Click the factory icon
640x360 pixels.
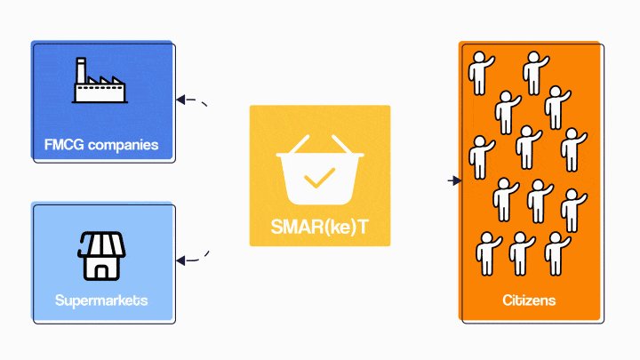pos(99,83)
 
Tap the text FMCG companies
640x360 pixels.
pos(101,144)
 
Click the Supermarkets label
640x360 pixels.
pos(101,300)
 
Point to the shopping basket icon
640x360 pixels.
pos(319,173)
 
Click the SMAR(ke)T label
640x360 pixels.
pos(319,229)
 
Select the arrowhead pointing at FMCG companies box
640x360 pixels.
pos(180,100)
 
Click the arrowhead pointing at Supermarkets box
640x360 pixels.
pos(180,260)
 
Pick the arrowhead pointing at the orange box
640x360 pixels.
pos(456,181)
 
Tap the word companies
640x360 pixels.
pos(121,144)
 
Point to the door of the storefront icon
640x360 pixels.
pos(100,268)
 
